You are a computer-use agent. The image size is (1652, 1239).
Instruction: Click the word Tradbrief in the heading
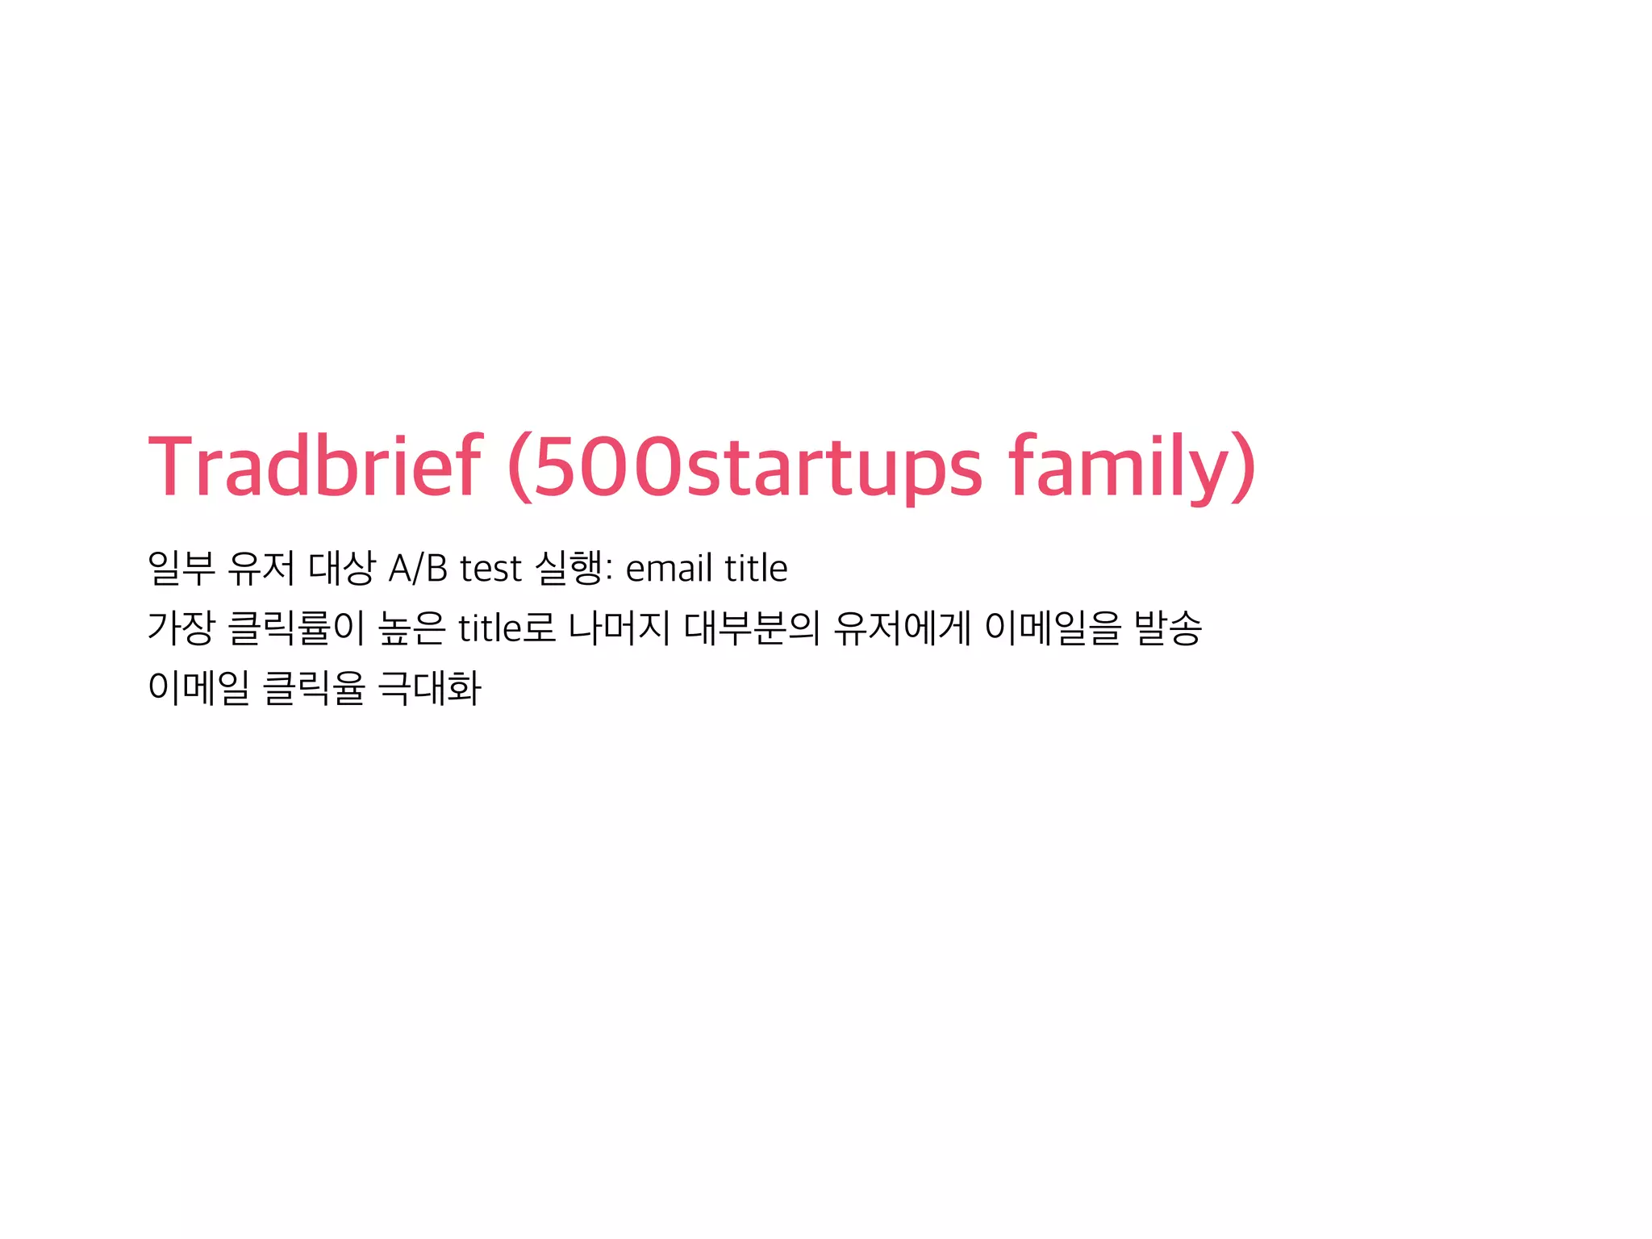tap(315, 466)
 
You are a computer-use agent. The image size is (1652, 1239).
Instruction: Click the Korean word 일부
tap(181, 568)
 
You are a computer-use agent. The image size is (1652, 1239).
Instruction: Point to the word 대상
tap(342, 568)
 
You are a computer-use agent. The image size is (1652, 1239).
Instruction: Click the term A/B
tap(418, 569)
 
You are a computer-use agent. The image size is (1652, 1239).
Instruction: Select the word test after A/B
tap(490, 569)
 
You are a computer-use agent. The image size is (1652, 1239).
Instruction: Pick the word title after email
tap(756, 569)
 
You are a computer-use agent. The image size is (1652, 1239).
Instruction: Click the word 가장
tap(181, 628)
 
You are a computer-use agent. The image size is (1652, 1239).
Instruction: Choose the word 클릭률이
tap(297, 628)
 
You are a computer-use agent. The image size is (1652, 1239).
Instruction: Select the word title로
tap(507, 628)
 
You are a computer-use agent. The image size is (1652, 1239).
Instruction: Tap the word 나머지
tap(619, 628)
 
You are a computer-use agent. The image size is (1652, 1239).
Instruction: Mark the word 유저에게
tap(902, 628)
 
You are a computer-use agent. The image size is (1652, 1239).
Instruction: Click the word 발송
tap(1167, 628)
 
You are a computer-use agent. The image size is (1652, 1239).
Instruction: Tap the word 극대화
tap(429, 688)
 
